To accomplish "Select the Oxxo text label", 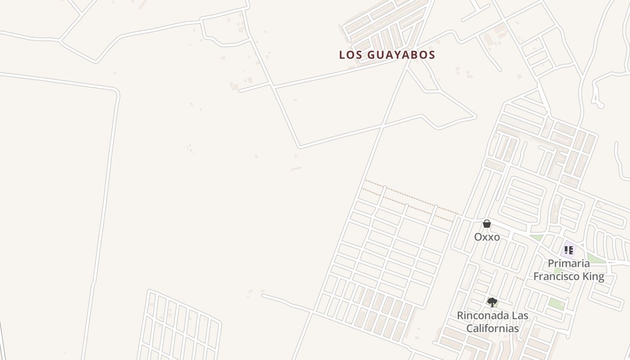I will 487,237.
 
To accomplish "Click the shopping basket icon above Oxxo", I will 487,224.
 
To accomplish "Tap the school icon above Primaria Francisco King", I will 569,250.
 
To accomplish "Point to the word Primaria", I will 569,263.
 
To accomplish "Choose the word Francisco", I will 557,276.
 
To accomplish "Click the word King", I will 594,276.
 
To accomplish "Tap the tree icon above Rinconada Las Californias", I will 492,302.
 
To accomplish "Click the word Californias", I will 492,328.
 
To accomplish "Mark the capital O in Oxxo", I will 478,237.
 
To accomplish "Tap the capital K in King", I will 585,276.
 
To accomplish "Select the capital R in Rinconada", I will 460,315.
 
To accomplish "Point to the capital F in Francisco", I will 536,276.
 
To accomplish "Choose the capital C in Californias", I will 470,328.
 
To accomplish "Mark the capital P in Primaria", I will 551,263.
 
